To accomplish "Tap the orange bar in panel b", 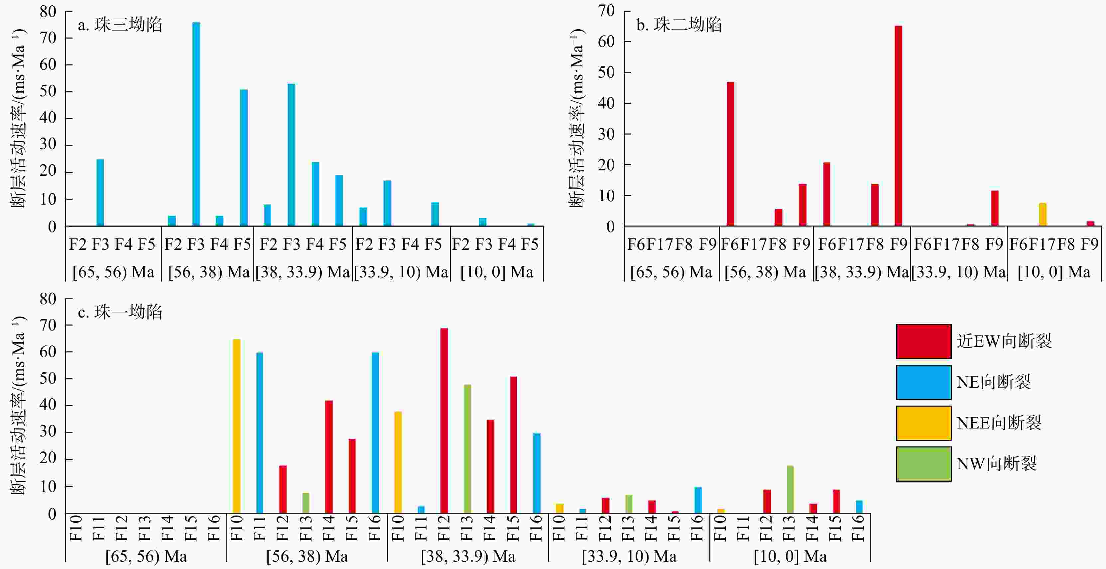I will point(1043,214).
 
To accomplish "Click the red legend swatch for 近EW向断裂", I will point(923,341).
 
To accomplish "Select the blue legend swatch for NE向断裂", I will point(923,382).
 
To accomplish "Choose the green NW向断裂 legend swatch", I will point(923,463).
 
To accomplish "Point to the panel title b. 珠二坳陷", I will point(679,25).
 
